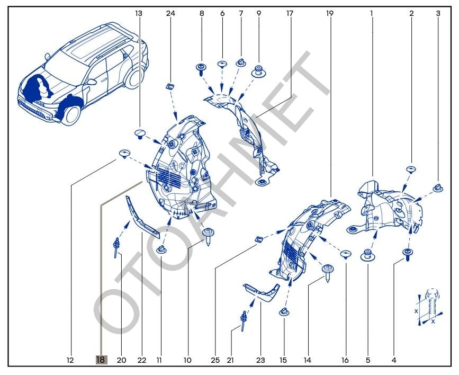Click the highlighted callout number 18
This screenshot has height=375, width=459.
click(x=101, y=360)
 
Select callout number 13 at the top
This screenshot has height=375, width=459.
click(x=139, y=13)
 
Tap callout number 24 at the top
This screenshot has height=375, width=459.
click(x=170, y=13)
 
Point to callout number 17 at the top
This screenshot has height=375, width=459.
click(x=290, y=13)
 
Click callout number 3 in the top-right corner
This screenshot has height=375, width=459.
click(x=438, y=13)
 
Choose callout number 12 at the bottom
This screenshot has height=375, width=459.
click(x=70, y=360)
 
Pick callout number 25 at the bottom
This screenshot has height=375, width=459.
click(x=215, y=360)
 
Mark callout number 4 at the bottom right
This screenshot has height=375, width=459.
click(x=394, y=360)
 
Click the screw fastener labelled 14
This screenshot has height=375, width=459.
click(x=327, y=271)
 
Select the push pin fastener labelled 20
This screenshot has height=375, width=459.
click(x=116, y=247)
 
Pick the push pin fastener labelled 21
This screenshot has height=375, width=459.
click(x=243, y=319)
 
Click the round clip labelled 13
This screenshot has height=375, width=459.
click(x=140, y=132)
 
